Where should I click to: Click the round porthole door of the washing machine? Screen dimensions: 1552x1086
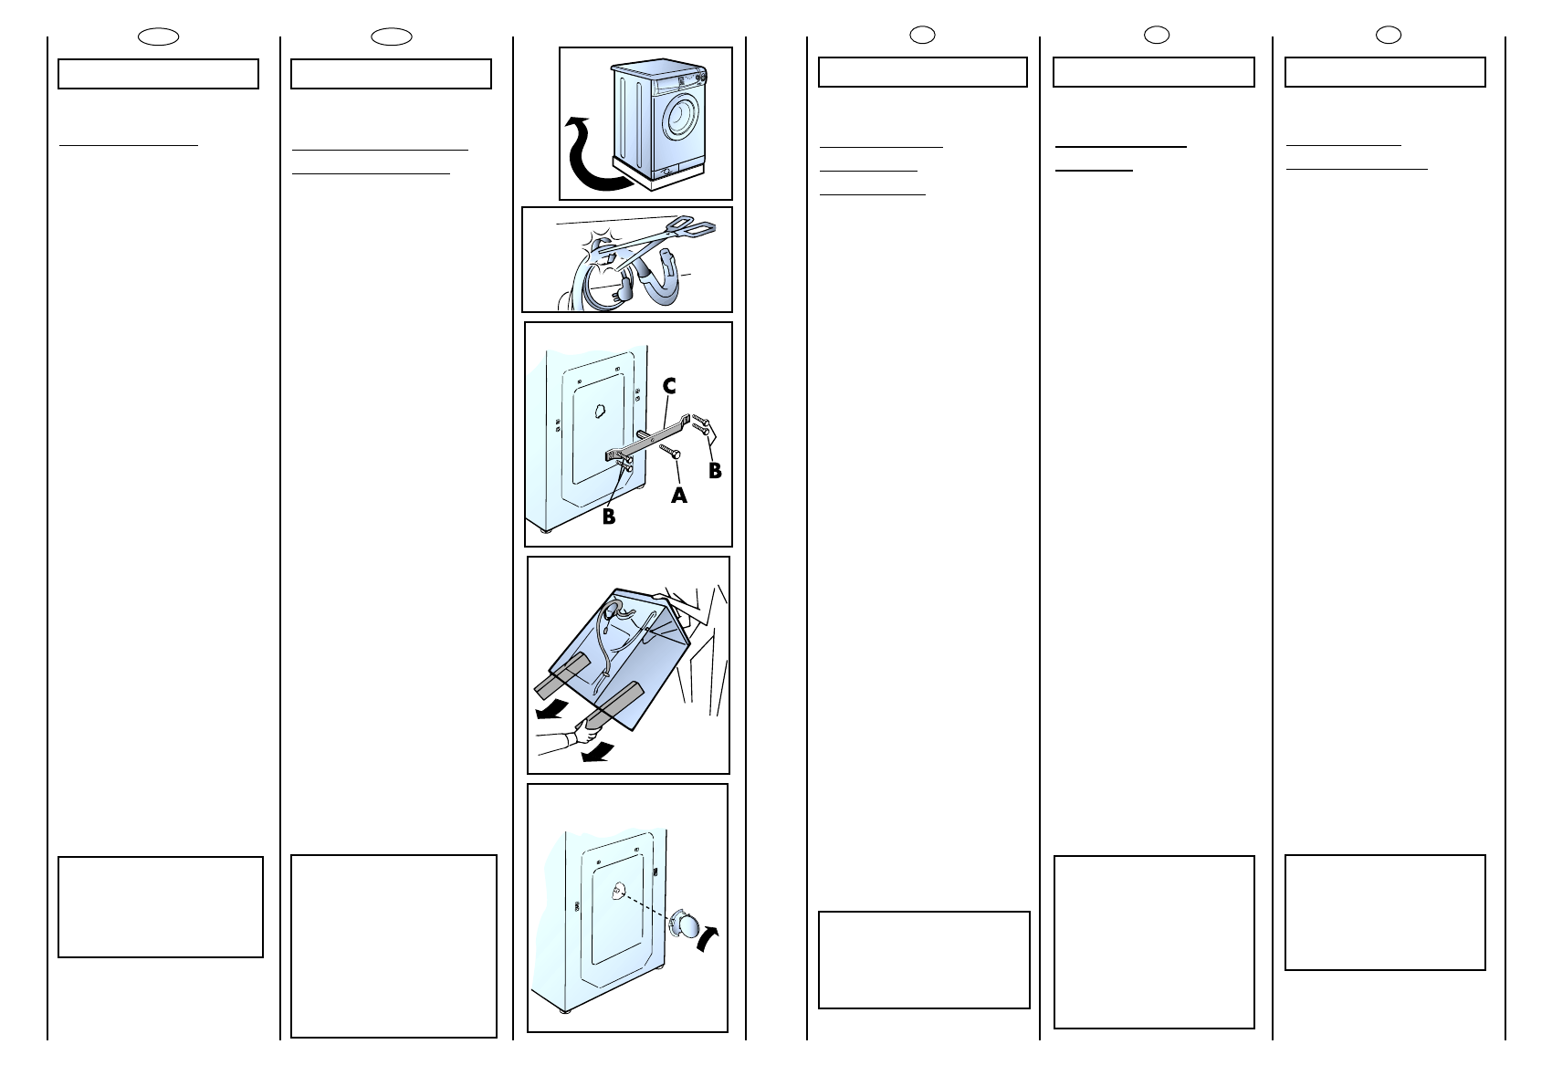pyautogui.click(x=682, y=118)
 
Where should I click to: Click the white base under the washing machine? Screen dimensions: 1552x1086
pyautogui.click(x=659, y=174)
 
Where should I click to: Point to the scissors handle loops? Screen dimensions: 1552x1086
pyautogui.click(x=694, y=225)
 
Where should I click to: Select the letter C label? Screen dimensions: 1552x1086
pyautogui.click(x=668, y=386)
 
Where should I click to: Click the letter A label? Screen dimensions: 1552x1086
pyautogui.click(x=679, y=496)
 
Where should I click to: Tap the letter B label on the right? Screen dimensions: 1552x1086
pyautogui.click(x=715, y=471)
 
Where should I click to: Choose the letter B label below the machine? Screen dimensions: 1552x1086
pyautogui.click(x=608, y=516)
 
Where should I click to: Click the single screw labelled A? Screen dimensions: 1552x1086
pyautogui.click(x=670, y=452)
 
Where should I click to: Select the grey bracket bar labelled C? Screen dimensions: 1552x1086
pyautogui.click(x=648, y=438)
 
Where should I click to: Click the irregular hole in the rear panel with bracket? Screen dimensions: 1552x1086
pyautogui.click(x=600, y=411)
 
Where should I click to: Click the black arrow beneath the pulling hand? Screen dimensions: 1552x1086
pyautogui.click(x=597, y=752)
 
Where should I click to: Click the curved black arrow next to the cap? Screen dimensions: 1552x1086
pyautogui.click(x=708, y=939)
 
